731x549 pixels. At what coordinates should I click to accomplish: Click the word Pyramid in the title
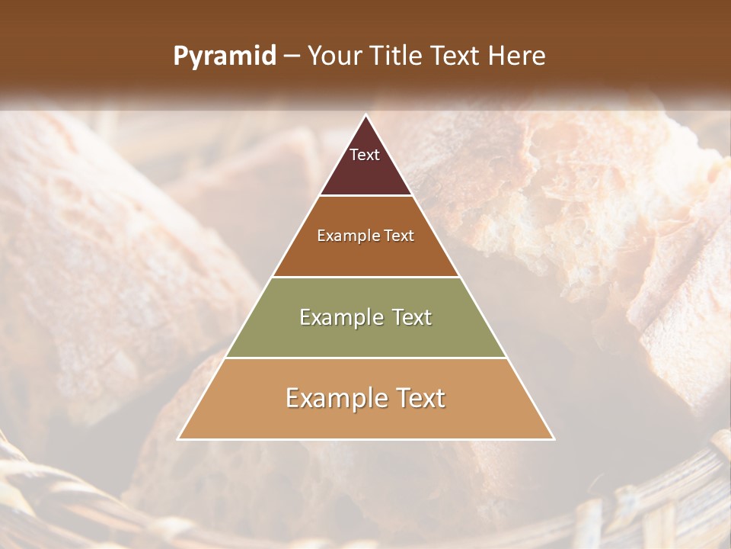[x=224, y=56]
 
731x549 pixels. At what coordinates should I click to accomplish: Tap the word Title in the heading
[x=395, y=56]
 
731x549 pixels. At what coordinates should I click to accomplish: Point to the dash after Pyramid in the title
[x=292, y=56]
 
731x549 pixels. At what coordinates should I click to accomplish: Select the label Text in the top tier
[x=365, y=155]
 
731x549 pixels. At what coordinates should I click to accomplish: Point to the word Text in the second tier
[x=399, y=236]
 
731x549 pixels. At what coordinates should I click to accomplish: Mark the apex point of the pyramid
[x=365, y=115]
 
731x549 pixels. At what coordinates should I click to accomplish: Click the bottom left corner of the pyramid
[x=179, y=438]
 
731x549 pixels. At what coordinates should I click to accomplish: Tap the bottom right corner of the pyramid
[x=553, y=438]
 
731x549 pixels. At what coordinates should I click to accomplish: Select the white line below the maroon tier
[x=365, y=196]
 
